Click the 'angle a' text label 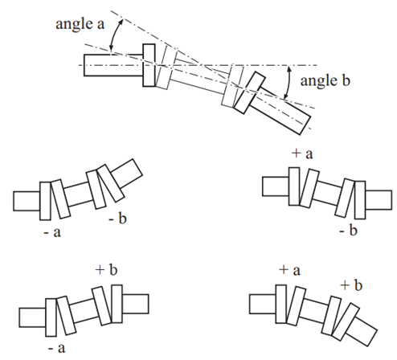(x=80, y=24)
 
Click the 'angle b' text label (x=325, y=80)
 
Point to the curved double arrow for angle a (x=115, y=35)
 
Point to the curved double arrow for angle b (x=289, y=82)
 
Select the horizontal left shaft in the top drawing (x=113, y=65)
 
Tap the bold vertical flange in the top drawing (x=149, y=65)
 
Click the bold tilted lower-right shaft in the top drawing (x=280, y=111)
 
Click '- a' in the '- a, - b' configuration (x=52, y=232)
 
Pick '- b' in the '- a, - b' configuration (x=117, y=219)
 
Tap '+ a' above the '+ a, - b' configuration (x=302, y=153)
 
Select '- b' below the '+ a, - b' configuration (x=348, y=231)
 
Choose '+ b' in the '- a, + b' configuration (x=106, y=269)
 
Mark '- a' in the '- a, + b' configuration (x=56, y=348)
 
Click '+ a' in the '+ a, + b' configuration (x=289, y=270)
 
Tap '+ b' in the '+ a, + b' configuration (x=351, y=285)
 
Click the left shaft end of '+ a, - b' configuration (x=276, y=186)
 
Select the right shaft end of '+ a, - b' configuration (x=379, y=200)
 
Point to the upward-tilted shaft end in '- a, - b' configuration (x=126, y=173)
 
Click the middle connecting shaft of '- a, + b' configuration (x=84, y=311)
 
